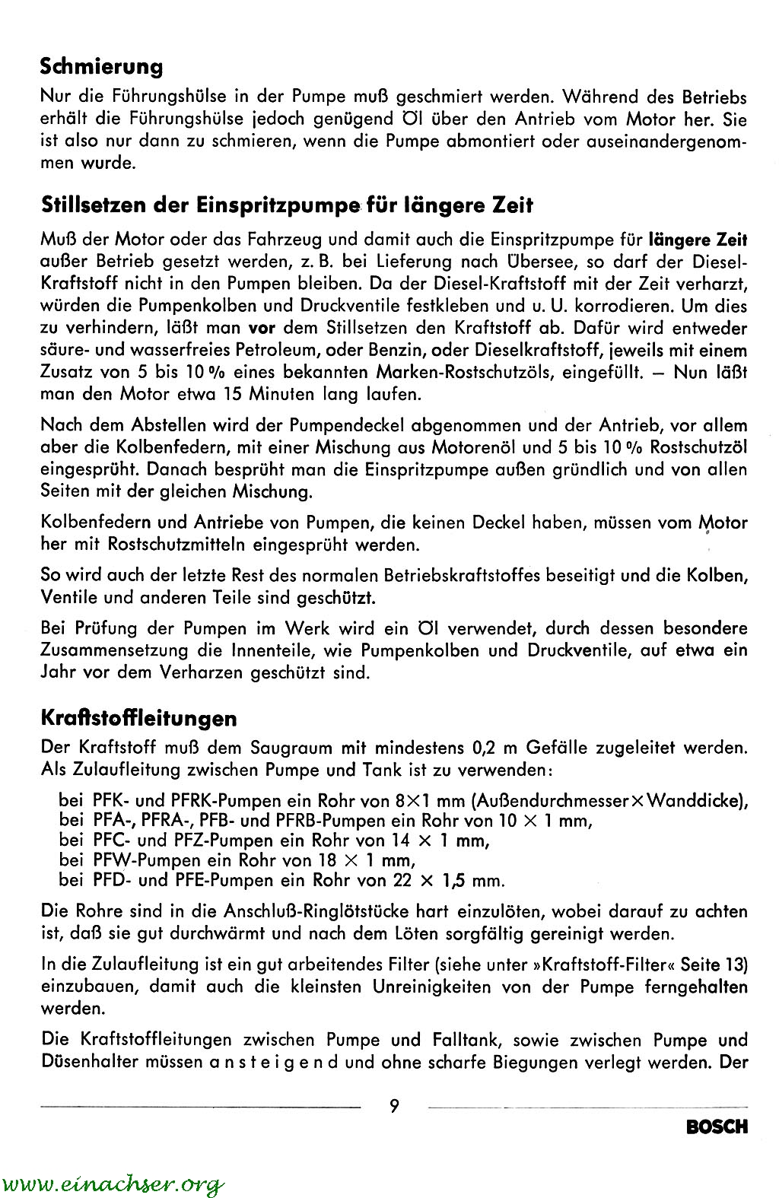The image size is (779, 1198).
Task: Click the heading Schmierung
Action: click(x=101, y=67)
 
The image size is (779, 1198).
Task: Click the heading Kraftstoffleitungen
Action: click(x=138, y=718)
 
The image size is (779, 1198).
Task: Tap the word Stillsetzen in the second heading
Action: click(x=91, y=205)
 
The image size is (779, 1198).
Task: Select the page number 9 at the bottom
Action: click(x=394, y=1105)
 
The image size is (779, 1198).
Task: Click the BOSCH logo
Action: click(x=717, y=1127)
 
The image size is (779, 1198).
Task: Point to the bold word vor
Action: click(x=262, y=329)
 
